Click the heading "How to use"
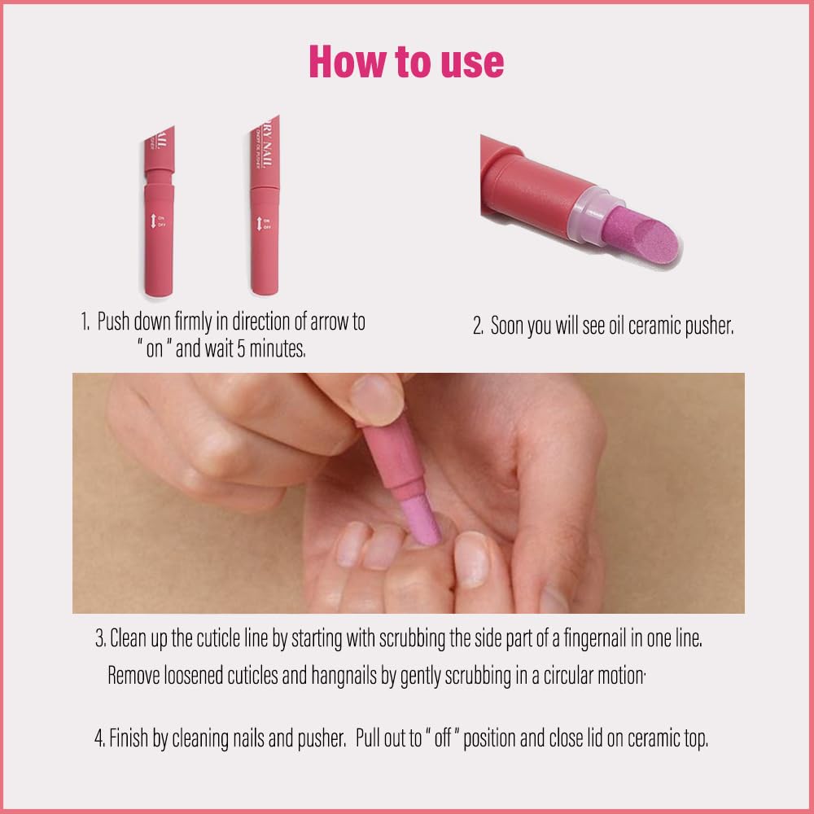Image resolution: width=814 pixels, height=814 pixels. click(406, 61)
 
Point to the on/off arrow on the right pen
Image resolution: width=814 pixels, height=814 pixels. click(258, 223)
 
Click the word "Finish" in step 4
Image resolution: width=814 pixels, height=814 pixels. click(132, 740)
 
